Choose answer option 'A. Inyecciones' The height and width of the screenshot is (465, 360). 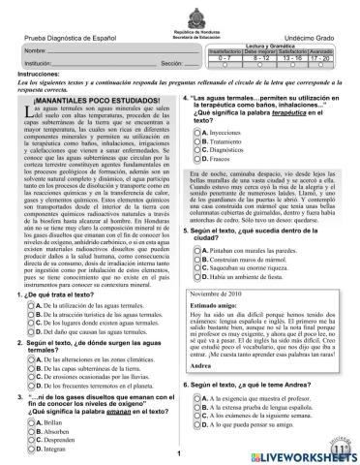point(228,130)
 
